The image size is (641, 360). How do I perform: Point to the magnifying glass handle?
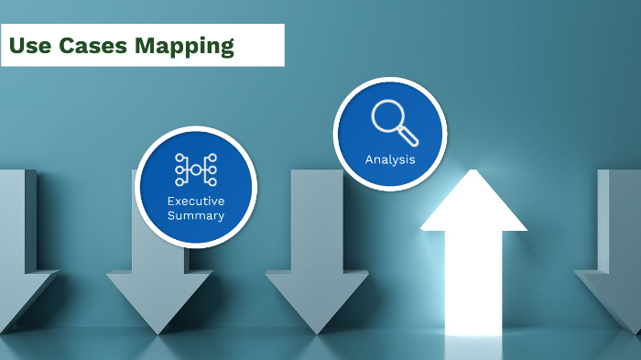point(407,136)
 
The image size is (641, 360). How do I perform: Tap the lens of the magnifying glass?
point(387,116)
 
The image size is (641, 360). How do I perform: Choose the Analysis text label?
point(390,159)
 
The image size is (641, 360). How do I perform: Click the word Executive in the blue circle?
point(196,201)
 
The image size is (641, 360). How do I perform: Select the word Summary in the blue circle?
point(196,215)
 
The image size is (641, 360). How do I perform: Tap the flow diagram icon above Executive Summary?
point(195,169)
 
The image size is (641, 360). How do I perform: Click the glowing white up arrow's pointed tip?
point(473,175)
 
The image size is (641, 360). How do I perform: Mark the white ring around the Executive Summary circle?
point(139,188)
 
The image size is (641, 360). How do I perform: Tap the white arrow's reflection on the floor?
point(473,348)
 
